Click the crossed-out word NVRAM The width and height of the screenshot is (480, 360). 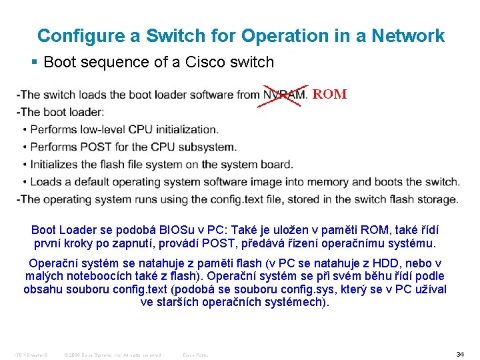pyautogui.click(x=285, y=95)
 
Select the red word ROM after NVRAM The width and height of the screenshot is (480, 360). pyautogui.click(x=329, y=94)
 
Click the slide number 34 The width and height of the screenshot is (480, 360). pyautogui.click(x=460, y=354)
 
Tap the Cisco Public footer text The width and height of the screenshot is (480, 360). pyautogui.click(x=195, y=355)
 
